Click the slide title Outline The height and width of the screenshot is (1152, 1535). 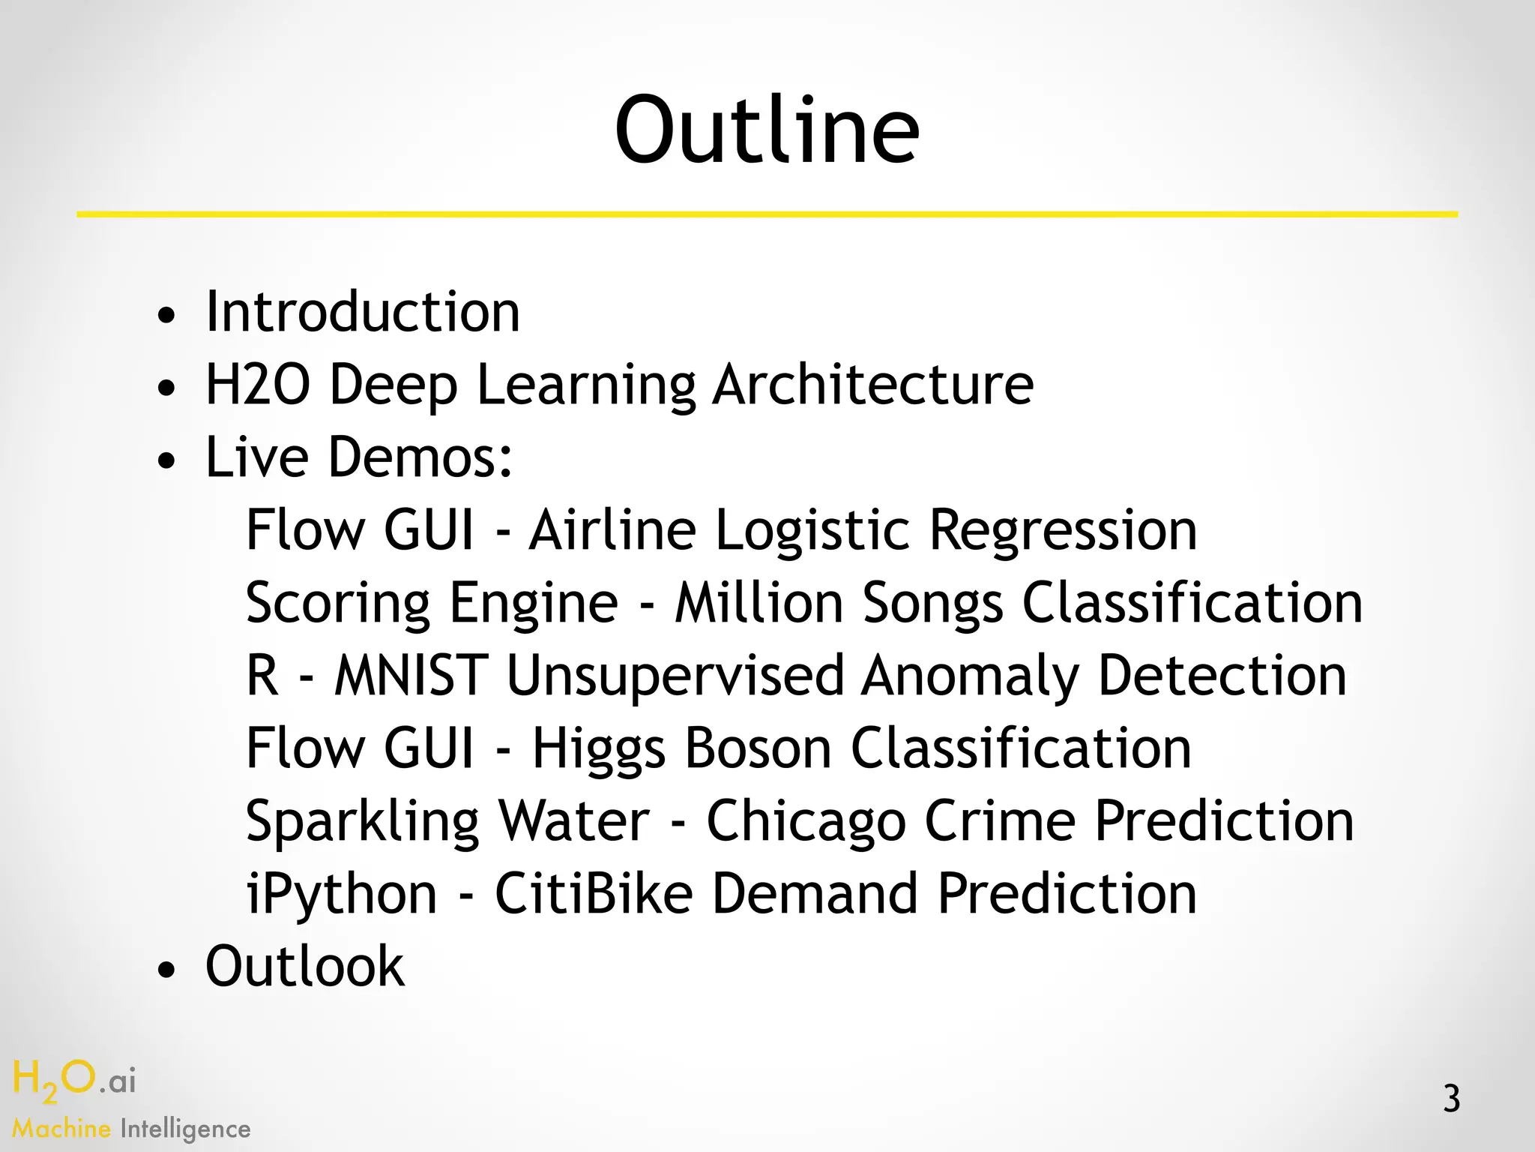(x=767, y=129)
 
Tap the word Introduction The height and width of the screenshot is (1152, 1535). (x=363, y=312)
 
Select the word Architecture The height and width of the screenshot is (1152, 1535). (x=873, y=385)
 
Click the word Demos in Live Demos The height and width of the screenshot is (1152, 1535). (x=420, y=457)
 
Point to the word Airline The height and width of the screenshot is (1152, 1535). (x=612, y=530)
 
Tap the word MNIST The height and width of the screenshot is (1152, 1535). (x=411, y=675)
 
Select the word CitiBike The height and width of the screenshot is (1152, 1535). (x=594, y=894)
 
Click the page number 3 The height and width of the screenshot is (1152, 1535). (x=1452, y=1099)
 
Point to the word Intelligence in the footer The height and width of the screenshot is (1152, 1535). (x=185, y=1129)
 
